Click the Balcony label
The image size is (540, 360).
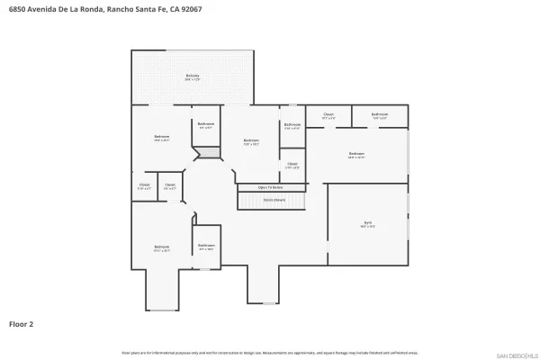193,76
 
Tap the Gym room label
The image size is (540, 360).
367,225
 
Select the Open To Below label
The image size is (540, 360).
270,187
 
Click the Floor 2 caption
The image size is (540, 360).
22,322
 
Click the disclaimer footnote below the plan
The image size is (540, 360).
269,353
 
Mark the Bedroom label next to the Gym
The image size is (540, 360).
356,155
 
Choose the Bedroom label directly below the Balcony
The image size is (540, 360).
162,138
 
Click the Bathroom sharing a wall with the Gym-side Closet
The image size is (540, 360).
380,115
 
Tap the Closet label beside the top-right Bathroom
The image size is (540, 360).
328,115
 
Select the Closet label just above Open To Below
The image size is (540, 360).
292,165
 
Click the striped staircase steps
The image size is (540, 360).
272,203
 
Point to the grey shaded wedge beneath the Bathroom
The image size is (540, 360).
208,154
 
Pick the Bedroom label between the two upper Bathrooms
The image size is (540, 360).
251,141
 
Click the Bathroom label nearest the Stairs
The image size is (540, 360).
292,126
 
